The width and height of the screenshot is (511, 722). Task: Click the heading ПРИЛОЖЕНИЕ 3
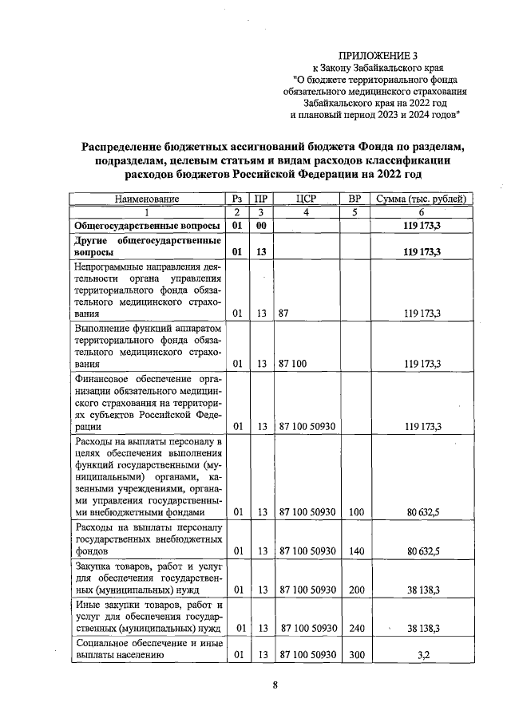[378, 56]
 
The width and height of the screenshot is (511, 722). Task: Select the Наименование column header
[147, 199]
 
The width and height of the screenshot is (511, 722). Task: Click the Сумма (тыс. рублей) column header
[422, 199]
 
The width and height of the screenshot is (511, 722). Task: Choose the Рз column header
[236, 199]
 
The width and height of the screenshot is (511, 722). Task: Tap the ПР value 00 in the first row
[260, 227]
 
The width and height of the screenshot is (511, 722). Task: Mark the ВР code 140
[357, 550]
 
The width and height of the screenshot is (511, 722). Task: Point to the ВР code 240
[357, 629]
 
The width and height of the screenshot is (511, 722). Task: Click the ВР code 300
[357, 656]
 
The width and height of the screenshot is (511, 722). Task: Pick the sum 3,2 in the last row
[423, 656]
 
